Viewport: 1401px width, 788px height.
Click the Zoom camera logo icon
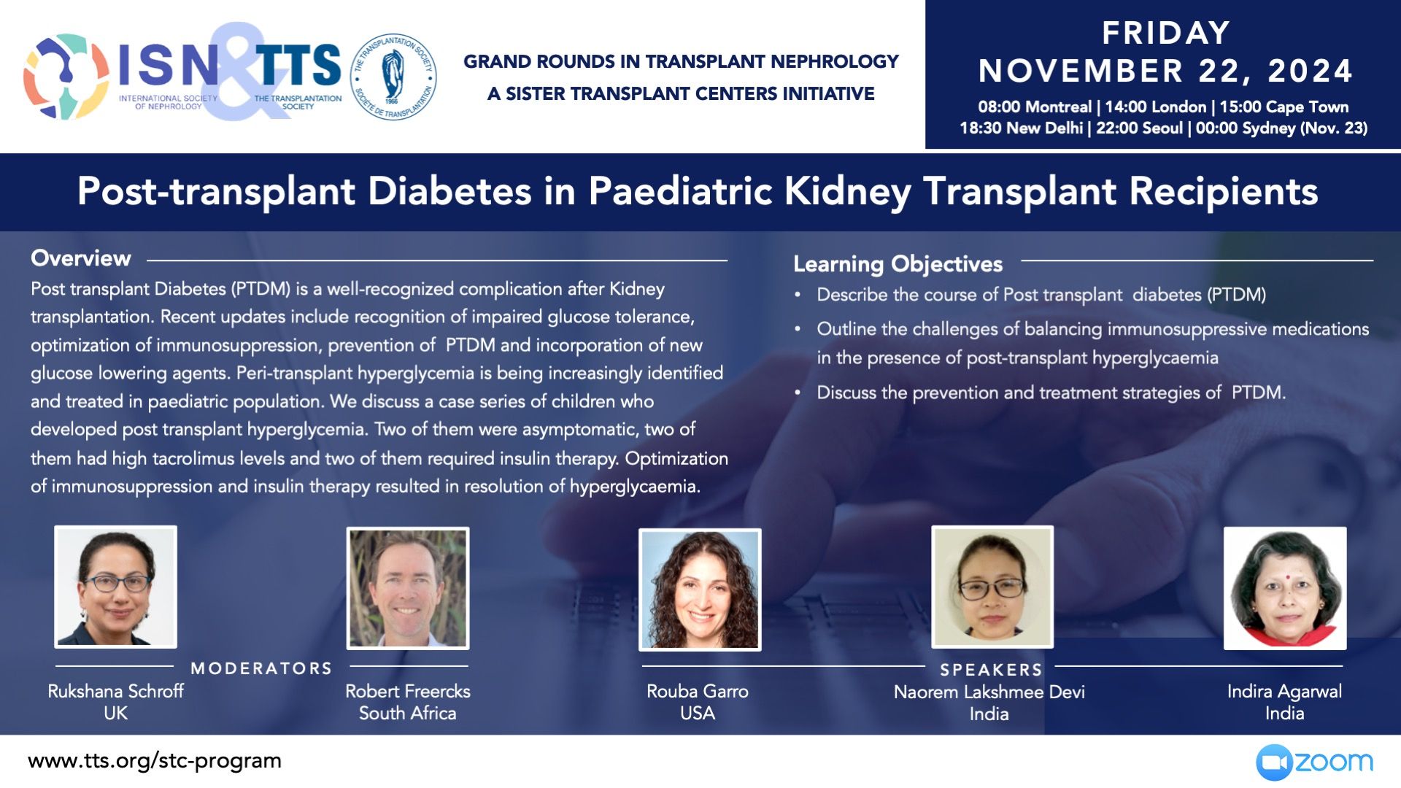coord(1274,762)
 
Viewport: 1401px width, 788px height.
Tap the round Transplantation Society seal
coord(393,77)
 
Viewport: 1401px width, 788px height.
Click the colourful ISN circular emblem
coord(66,77)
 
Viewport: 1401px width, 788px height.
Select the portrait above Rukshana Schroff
coord(115,587)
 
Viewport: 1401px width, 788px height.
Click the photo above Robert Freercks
coord(408,588)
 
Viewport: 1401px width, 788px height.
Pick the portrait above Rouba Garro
coord(700,590)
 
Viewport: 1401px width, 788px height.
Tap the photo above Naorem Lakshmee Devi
coord(992,587)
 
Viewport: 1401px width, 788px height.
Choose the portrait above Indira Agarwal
coord(1285,588)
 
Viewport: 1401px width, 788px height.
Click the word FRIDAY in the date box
coord(1166,33)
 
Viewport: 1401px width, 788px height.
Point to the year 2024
coord(1311,71)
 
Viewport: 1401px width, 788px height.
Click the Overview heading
coord(81,258)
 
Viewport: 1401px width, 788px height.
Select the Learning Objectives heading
coord(898,264)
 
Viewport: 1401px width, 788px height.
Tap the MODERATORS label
coord(261,668)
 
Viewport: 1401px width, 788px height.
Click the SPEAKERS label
coord(991,670)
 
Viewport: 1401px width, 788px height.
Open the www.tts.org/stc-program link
coord(155,761)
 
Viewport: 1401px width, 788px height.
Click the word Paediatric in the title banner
coord(680,191)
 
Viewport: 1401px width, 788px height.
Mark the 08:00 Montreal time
coord(1035,107)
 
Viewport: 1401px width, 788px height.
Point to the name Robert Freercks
coord(408,691)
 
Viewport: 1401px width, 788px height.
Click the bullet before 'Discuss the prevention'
coord(798,393)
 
